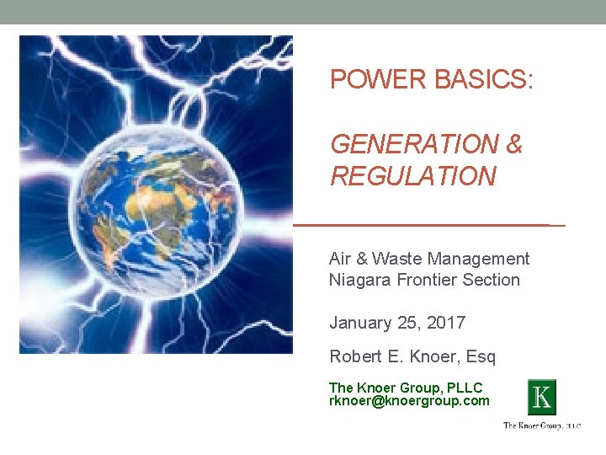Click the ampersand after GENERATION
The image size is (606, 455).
tap(514, 145)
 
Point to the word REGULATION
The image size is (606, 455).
tap(412, 177)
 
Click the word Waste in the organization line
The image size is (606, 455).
tap(400, 259)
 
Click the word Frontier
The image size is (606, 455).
tap(424, 280)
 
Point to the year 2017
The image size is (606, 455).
tap(446, 323)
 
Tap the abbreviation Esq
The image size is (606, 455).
tap(481, 357)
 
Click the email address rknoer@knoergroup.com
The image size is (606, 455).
tap(409, 401)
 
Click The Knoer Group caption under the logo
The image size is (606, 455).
tap(541, 426)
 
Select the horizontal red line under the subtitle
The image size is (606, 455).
tap(428, 226)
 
